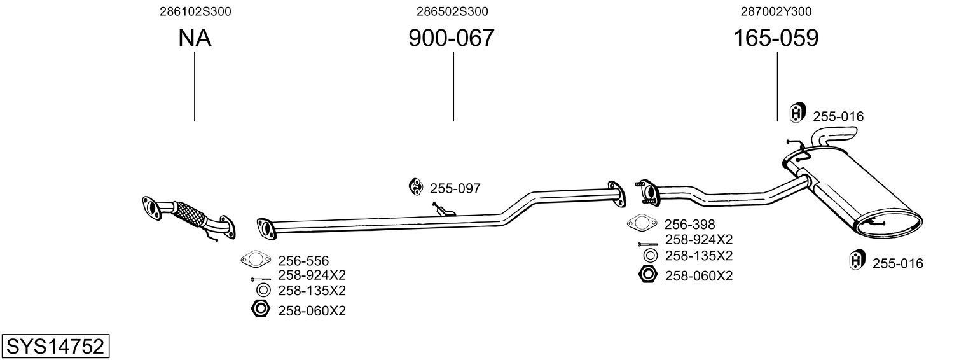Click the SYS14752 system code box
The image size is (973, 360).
[x=54, y=347]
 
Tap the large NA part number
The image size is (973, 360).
[x=195, y=39]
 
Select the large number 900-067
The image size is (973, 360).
[x=451, y=39]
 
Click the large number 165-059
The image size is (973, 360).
[x=776, y=39]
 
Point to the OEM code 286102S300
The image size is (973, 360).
[x=195, y=11]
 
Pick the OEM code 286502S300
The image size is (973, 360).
[x=453, y=11]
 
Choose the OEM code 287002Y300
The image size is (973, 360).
[x=776, y=11]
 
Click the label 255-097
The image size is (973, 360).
[x=455, y=188]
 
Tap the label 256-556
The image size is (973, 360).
[x=303, y=260]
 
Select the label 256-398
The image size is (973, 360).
[x=690, y=224]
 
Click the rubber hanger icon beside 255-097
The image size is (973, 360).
[x=416, y=186]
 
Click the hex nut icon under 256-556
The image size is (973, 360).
[x=260, y=310]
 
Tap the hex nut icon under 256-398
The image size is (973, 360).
[x=647, y=275]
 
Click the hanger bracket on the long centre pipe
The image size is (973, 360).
[x=443, y=209]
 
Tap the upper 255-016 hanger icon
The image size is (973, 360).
[x=797, y=113]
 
